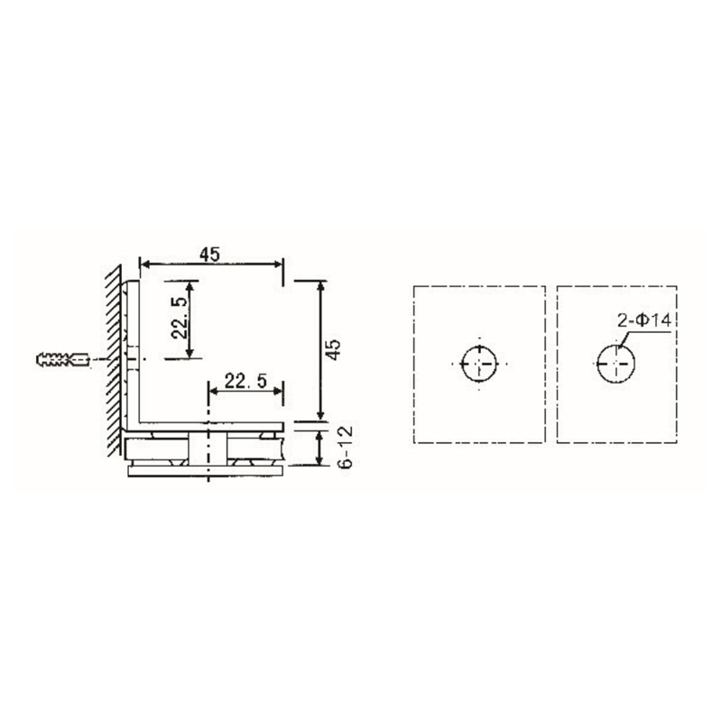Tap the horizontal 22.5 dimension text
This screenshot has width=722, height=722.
245,382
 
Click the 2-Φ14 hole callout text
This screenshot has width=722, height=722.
642,320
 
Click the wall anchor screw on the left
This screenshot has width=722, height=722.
60,360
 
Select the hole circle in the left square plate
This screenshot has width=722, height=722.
478,364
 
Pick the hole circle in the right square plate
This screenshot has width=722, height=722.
616,364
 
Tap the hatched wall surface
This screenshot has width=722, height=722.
114,361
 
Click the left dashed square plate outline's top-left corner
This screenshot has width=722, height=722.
412,286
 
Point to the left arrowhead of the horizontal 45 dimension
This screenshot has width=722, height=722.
143,264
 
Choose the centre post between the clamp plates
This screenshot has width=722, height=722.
209,449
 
